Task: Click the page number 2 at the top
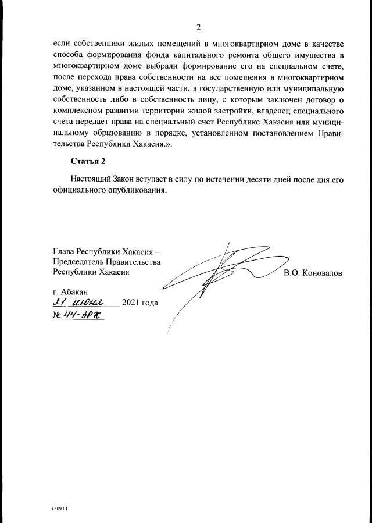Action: point(198,27)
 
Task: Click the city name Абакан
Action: point(76,291)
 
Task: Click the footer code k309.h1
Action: point(60,508)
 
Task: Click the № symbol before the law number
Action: point(57,315)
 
